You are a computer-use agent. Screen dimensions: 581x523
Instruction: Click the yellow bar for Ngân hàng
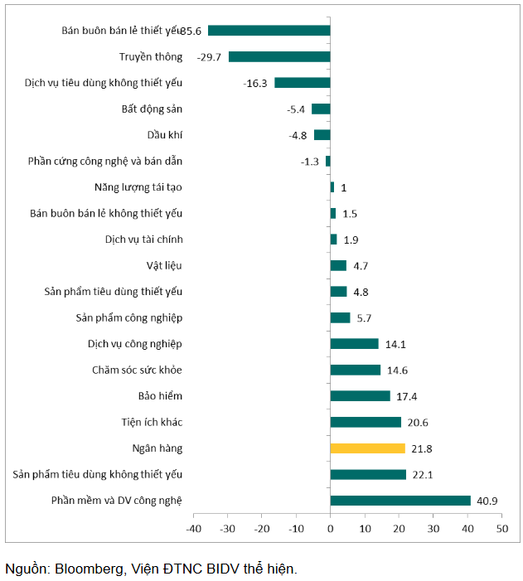pyautogui.click(x=367, y=448)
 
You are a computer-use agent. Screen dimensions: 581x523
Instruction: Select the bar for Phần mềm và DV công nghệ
pyautogui.click(x=400, y=501)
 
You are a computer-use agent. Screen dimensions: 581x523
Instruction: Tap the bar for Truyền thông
pyautogui.click(x=279, y=56)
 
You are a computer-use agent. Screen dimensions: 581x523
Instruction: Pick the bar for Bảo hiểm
pyautogui.click(x=360, y=396)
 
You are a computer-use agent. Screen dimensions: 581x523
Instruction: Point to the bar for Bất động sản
pyautogui.click(x=321, y=109)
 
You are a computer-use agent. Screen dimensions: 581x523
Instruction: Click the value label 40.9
pyautogui.click(x=488, y=501)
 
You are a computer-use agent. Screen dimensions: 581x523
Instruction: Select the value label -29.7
pyautogui.click(x=210, y=57)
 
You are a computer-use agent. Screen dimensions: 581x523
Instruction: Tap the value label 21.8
pyautogui.click(x=422, y=448)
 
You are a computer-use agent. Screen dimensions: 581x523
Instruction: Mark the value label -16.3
pyautogui.click(x=255, y=83)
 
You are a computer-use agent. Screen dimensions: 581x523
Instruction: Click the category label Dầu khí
pyautogui.click(x=165, y=135)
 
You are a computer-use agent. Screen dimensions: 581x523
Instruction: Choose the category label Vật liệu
pyautogui.click(x=163, y=265)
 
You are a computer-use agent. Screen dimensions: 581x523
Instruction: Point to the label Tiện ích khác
pyautogui.click(x=152, y=422)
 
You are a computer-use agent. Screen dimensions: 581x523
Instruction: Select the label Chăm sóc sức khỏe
pyautogui.click(x=138, y=370)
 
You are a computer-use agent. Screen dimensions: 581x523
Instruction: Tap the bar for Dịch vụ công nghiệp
pyautogui.click(x=354, y=344)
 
